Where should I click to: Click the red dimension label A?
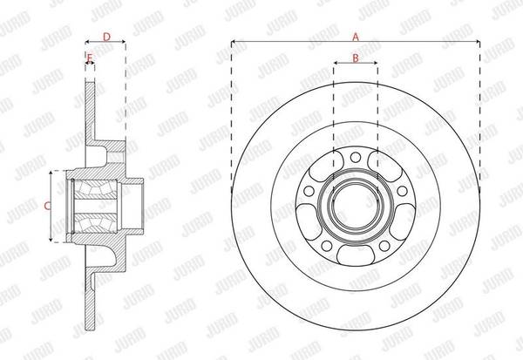pyautogui.click(x=356, y=37)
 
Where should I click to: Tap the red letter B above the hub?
pyautogui.click(x=356, y=58)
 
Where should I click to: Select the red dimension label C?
pyautogui.click(x=48, y=207)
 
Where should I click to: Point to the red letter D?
pyautogui.click(x=106, y=37)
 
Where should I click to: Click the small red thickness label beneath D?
pyautogui.click(x=90, y=58)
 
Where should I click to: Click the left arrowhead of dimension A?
pyautogui.click(x=234, y=42)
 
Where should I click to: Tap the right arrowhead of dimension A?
pyautogui.click(x=478, y=42)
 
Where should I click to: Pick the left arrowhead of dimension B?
pyautogui.click(x=336, y=63)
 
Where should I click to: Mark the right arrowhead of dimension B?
pyautogui.click(x=375, y=63)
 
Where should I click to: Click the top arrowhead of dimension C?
pyautogui.click(x=51, y=173)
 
